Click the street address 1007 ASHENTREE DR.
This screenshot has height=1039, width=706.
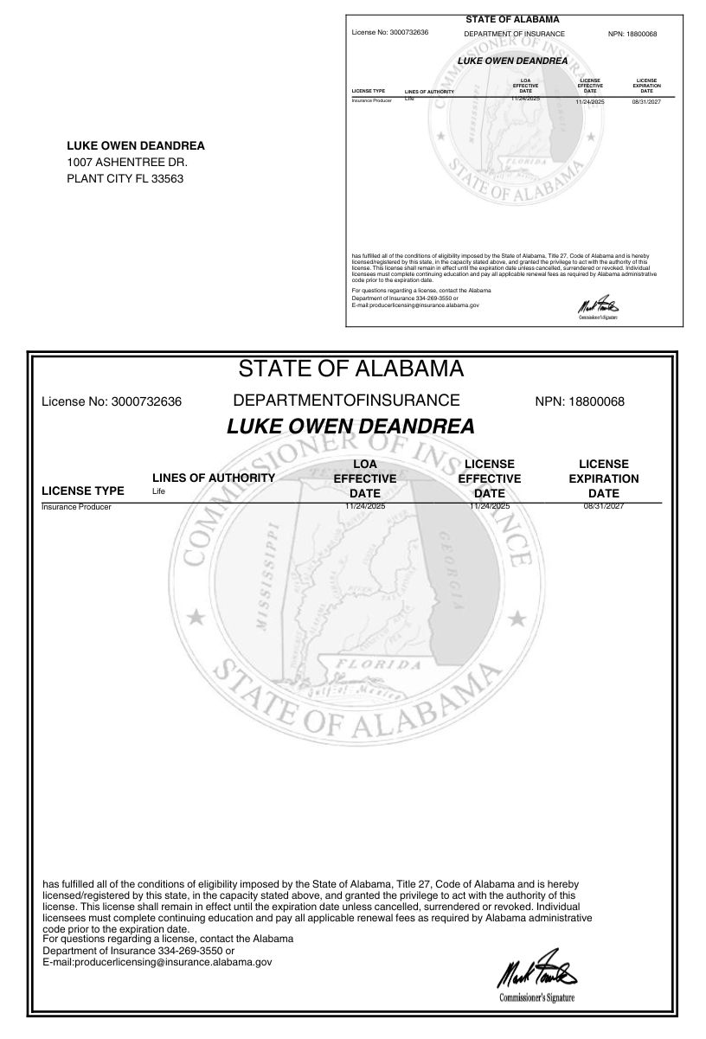pyautogui.click(x=127, y=163)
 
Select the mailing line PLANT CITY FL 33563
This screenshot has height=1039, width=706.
pyautogui.click(x=125, y=179)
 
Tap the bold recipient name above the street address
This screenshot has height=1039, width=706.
pyautogui.click(x=136, y=146)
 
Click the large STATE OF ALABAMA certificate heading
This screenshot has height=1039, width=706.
pyautogui.click(x=350, y=369)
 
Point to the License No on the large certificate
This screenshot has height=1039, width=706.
pyautogui.click(x=112, y=402)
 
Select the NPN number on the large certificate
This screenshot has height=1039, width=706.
pyautogui.click(x=580, y=402)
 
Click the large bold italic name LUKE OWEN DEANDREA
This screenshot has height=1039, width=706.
pyautogui.click(x=350, y=427)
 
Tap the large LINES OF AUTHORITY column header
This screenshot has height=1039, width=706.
pyautogui.click(x=214, y=478)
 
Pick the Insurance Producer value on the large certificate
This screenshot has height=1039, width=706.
pyautogui.click(x=76, y=507)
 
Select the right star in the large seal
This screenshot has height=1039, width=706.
pyautogui.click(x=517, y=617)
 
